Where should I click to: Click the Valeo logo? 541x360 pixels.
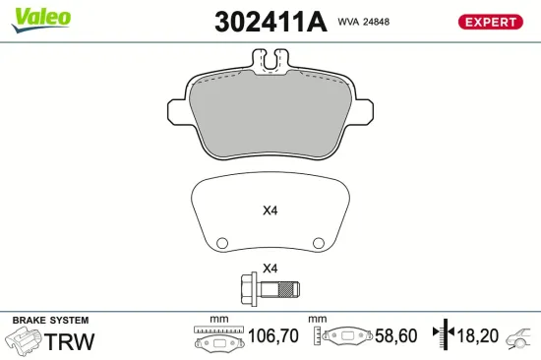(x=40, y=18)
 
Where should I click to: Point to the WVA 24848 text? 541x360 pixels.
(x=364, y=21)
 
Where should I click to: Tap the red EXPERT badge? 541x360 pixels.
(x=489, y=21)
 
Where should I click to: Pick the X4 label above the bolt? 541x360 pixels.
(x=270, y=269)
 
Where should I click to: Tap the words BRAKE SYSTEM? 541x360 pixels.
(x=50, y=321)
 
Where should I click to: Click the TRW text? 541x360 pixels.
(x=71, y=341)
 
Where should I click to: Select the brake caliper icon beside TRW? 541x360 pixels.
(x=24, y=341)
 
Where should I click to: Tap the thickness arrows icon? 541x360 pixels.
(x=448, y=335)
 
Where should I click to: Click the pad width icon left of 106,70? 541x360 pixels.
(x=217, y=336)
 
